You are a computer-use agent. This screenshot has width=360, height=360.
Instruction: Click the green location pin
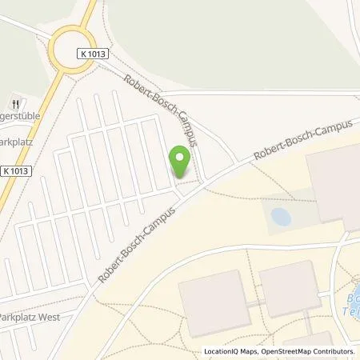pyautogui.click(x=181, y=160)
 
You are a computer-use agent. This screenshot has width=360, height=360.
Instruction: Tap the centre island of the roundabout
pyautogui.click(x=74, y=49)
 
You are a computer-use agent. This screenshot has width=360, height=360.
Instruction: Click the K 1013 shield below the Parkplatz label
pyautogui.click(x=18, y=170)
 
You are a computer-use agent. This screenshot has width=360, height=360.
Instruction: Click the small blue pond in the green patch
pyautogui.click(x=281, y=216)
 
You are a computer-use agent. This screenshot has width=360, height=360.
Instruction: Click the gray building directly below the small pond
pyautogui.click(x=290, y=289)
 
